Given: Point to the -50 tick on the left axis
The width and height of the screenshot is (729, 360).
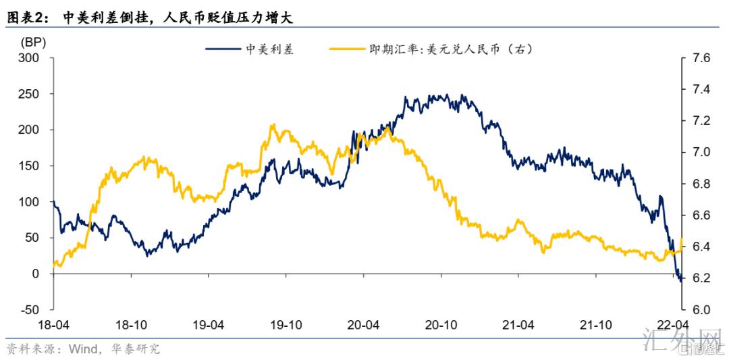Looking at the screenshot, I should (x=30, y=309).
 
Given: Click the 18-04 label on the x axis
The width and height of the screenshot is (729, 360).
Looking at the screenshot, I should (x=54, y=325).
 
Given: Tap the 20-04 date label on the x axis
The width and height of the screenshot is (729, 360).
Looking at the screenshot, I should (x=364, y=325).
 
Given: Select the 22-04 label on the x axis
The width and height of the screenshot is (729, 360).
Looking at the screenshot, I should (x=673, y=325).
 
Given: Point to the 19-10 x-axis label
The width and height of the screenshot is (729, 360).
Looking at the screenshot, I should (x=286, y=325).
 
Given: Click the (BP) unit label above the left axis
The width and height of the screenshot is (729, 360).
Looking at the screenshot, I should (x=32, y=43).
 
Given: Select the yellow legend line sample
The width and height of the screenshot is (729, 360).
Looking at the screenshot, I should (x=345, y=49).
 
